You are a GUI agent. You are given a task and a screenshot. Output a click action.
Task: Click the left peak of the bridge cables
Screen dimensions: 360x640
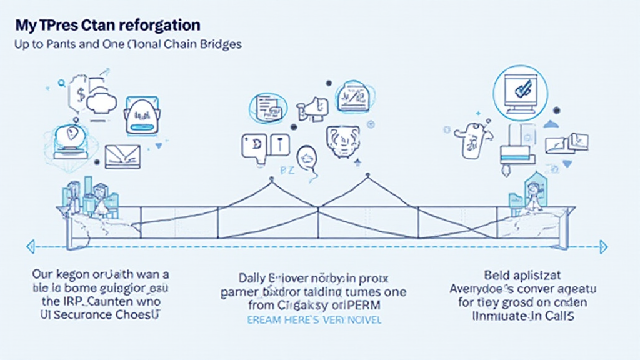coord(271,179)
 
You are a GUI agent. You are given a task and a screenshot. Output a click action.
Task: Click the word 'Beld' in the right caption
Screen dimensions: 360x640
coord(496,274)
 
